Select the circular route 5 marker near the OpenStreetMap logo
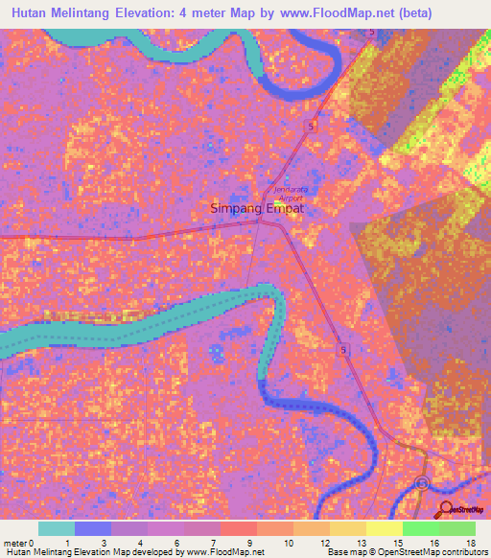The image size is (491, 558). tap(423, 484)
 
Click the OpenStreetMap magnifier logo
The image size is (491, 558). tap(446, 508)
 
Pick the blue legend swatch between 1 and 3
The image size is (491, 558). tap(92, 528)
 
